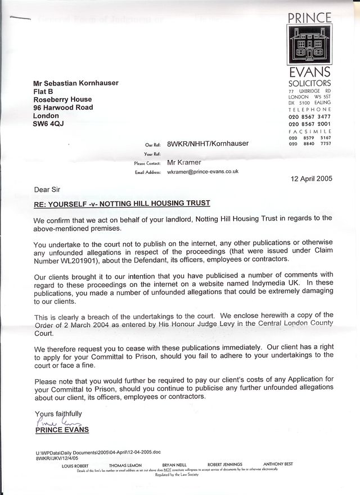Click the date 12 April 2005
pyautogui.click(x=310, y=179)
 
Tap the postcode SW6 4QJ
pyautogui.click(x=49, y=124)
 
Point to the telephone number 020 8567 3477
pyautogui.click(x=309, y=116)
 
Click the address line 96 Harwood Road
pyautogui.click(x=63, y=107)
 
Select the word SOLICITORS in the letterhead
pyautogui.click(x=309, y=83)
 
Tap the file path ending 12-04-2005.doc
pyautogui.click(x=106, y=452)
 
